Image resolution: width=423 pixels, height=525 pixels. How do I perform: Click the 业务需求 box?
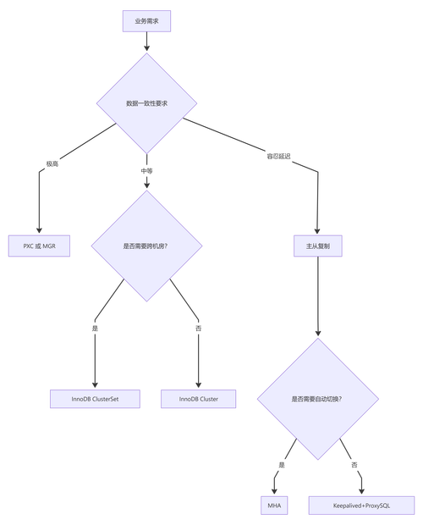tap(146, 19)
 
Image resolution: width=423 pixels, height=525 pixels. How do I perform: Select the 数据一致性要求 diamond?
tap(146, 103)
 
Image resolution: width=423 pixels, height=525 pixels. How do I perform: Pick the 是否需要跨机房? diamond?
tap(146, 246)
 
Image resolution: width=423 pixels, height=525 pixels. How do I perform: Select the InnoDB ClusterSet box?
tap(95, 398)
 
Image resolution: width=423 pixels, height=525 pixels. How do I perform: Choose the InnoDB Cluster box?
tap(198, 398)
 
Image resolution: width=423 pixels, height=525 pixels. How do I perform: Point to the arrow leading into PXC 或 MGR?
tap(39, 195)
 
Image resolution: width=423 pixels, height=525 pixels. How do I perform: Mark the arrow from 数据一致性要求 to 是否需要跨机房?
tap(146, 174)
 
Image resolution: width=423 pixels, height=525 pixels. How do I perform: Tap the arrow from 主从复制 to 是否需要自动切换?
tap(317, 296)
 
